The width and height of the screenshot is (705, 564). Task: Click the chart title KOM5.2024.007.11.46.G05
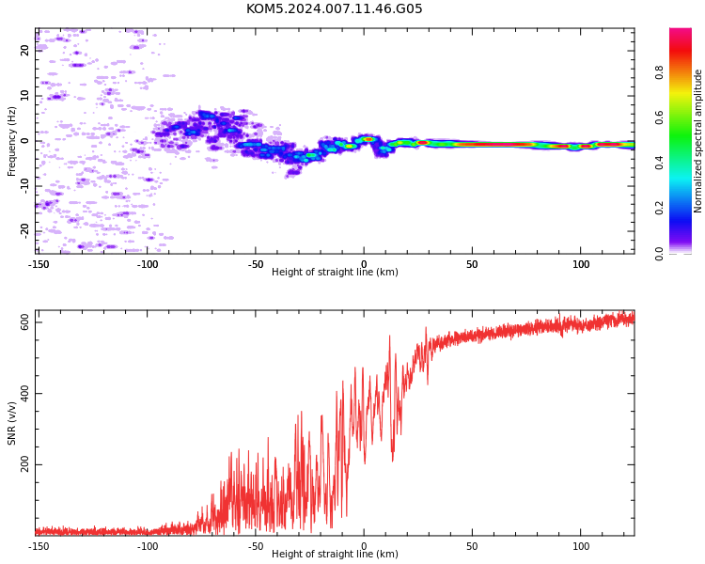(335, 8)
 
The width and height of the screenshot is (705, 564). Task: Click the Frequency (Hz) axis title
(11, 142)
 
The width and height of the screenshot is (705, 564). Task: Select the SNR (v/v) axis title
(11, 423)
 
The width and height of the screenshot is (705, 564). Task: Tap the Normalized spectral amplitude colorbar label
(697, 141)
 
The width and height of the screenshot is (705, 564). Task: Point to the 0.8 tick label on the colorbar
(660, 72)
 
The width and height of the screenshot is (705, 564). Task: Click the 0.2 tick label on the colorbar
(660, 209)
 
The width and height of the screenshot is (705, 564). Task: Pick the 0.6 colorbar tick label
(660, 117)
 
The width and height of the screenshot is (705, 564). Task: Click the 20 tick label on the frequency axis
(24, 51)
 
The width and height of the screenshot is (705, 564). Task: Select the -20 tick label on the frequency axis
(24, 231)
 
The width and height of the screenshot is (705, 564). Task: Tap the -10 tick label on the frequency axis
(24, 186)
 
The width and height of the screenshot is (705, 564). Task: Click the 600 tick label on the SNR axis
(24, 322)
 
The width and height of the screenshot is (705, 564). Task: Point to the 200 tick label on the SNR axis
(24, 464)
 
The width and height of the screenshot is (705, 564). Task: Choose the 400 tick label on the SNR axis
(24, 393)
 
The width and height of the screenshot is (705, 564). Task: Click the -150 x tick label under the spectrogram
(39, 264)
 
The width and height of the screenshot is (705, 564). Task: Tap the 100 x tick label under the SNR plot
(581, 546)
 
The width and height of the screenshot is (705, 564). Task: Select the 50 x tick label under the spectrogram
(472, 264)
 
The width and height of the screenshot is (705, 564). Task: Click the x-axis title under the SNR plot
(335, 554)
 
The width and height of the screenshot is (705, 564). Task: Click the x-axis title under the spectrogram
(335, 272)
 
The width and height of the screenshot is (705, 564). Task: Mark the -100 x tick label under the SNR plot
(148, 546)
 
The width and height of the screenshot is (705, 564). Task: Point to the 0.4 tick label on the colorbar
(660, 163)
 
